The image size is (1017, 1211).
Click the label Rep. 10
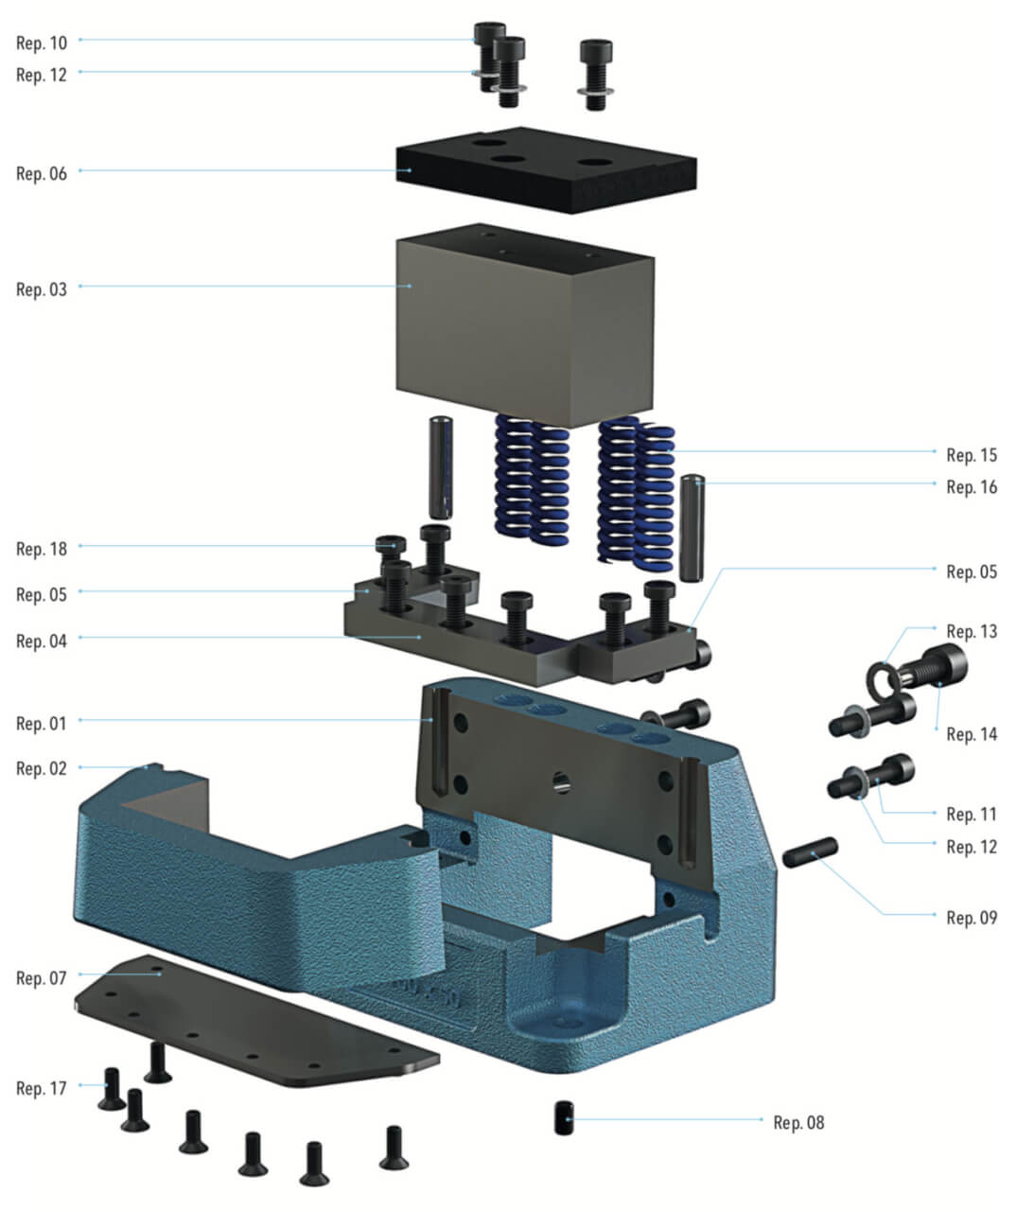(x=42, y=43)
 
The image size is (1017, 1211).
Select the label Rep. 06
(x=42, y=173)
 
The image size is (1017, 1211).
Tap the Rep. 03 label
(x=42, y=289)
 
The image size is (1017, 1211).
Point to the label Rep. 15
(x=972, y=455)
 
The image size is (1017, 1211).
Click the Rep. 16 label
(x=972, y=486)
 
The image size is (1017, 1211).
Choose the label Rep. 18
(x=42, y=549)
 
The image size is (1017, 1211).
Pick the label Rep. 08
(x=798, y=1122)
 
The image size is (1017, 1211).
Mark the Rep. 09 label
(x=972, y=917)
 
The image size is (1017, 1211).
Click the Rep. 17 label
(x=42, y=1088)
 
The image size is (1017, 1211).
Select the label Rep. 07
(x=42, y=977)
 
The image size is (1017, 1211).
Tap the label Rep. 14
(x=972, y=733)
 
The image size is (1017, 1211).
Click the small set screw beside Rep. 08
(x=563, y=1117)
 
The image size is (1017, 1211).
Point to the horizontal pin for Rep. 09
(x=809, y=851)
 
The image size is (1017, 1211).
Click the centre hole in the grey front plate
(x=561, y=781)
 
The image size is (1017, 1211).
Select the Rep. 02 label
(x=42, y=768)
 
